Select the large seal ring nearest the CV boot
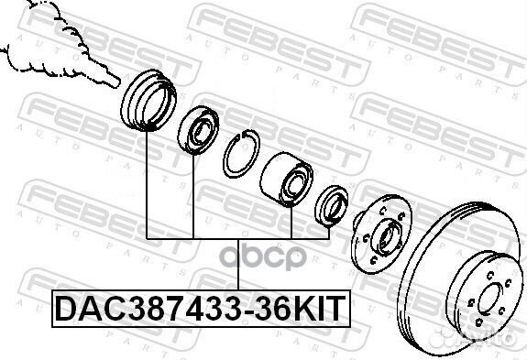point(147,97)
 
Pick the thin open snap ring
point(240,151)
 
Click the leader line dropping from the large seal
point(147,183)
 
